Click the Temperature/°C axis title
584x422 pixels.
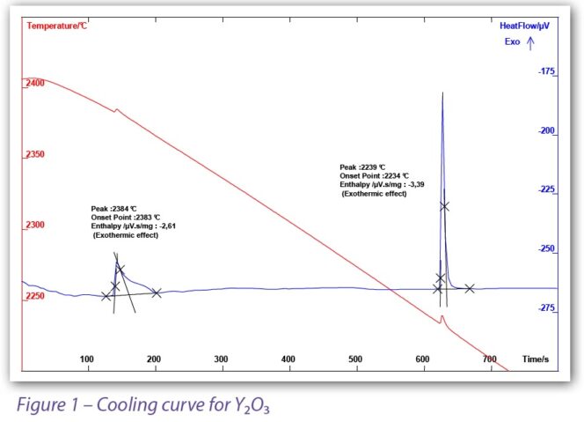coord(57,26)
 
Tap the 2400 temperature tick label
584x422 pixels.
coord(35,83)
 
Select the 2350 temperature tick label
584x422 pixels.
coord(35,155)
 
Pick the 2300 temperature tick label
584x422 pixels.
coord(35,226)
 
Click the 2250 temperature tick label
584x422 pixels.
coord(35,296)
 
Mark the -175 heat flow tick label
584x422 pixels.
coord(546,71)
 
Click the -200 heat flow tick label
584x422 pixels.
coord(546,130)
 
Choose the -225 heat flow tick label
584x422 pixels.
coord(546,189)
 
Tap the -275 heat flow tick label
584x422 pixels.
coord(546,307)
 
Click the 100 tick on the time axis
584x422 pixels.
coord(87,359)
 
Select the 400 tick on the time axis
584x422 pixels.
coord(288,359)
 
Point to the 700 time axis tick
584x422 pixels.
coord(490,359)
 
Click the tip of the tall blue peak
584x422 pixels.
coord(442,93)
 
